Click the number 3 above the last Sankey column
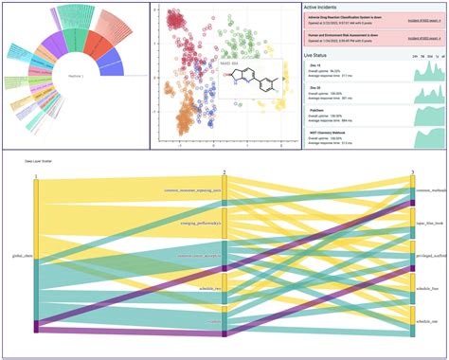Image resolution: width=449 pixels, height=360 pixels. point(413,174)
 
